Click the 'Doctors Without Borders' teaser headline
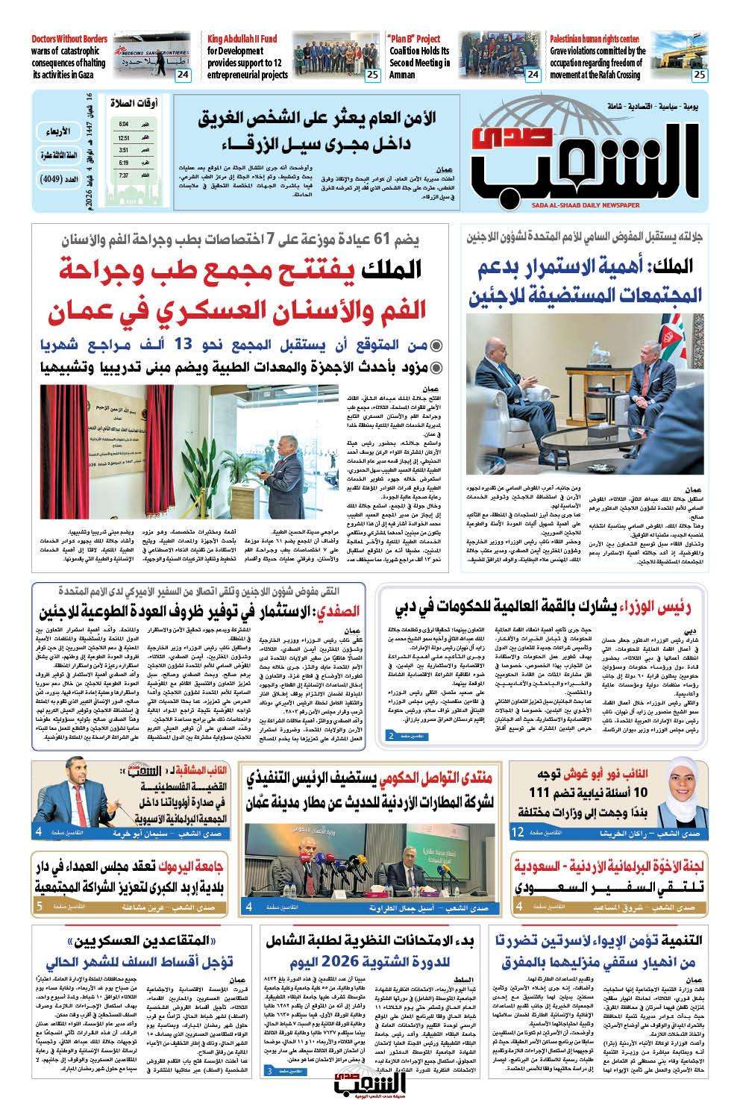tap(69, 39)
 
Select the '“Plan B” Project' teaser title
tap(413, 39)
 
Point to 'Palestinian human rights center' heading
tap(595, 39)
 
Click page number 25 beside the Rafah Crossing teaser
tap(700, 74)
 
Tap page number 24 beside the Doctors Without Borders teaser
tap(183, 74)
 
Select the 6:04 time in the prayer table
tap(123, 124)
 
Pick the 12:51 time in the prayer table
tap(123, 138)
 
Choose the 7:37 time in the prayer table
tap(123, 175)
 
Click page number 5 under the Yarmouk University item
tap(39, 907)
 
